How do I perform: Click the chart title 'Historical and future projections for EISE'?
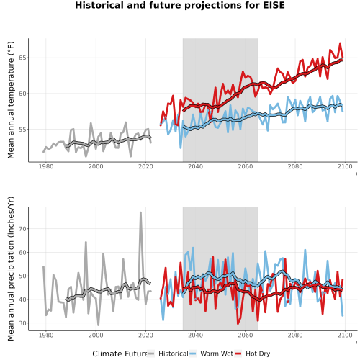tap(180, 5)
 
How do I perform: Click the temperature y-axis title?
tap(11, 100)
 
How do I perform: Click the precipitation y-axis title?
tap(11, 269)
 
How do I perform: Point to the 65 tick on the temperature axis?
tap(22, 58)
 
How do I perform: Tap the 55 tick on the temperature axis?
tap(22, 130)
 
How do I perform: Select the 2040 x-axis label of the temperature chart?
tap(195, 166)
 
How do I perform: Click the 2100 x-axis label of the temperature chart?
tap(345, 166)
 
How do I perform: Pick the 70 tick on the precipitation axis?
tap(22, 229)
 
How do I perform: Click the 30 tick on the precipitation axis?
tap(22, 323)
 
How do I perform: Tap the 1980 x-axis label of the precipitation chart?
tap(46, 335)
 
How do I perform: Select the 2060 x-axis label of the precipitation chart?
tap(246, 335)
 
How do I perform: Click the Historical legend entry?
tap(168, 354)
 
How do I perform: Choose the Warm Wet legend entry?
tap(211, 354)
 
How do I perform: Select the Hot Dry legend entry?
tap(253, 354)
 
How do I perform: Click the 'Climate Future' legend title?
tap(120, 354)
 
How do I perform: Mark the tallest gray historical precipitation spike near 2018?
tap(140, 212)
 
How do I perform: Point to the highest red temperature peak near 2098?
tap(340, 44)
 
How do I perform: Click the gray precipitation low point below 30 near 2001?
tap(98, 325)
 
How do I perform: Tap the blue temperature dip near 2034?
tap(181, 148)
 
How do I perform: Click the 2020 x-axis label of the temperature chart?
tap(145, 166)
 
